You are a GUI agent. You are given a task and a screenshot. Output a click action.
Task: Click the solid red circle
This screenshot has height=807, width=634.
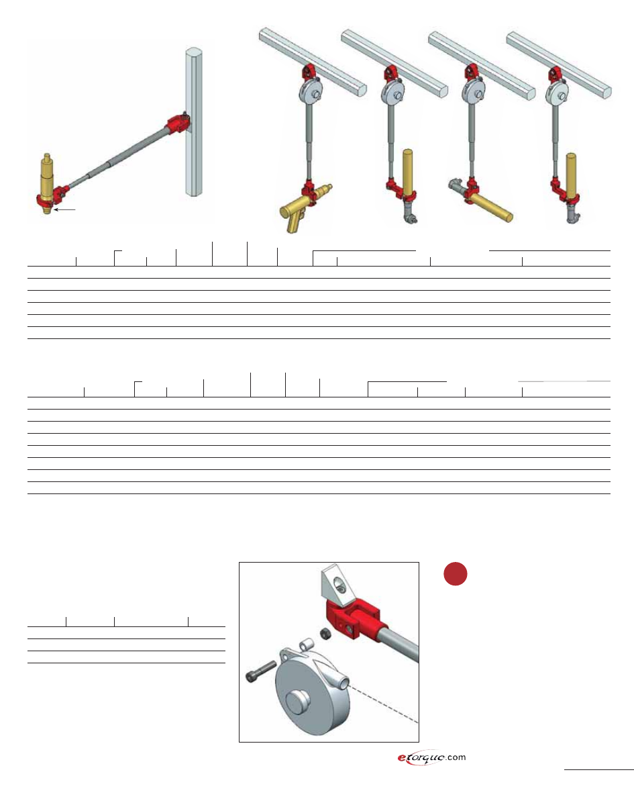(456, 574)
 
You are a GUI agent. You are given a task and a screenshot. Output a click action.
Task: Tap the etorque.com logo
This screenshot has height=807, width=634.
(431, 757)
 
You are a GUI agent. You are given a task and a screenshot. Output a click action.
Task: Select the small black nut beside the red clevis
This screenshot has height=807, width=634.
(325, 634)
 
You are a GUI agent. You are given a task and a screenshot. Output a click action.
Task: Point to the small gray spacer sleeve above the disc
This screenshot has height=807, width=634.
(305, 645)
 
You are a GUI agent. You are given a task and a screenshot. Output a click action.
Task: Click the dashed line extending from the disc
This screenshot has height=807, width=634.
(384, 704)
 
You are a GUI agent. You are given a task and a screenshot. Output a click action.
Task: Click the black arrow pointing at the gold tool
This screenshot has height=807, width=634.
(64, 209)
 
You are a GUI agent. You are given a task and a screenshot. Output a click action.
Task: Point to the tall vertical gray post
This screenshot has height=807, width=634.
(194, 122)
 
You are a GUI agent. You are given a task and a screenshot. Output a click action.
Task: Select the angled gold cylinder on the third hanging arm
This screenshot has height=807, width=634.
(491, 207)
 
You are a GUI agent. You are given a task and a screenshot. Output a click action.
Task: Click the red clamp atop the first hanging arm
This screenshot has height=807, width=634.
(309, 73)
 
